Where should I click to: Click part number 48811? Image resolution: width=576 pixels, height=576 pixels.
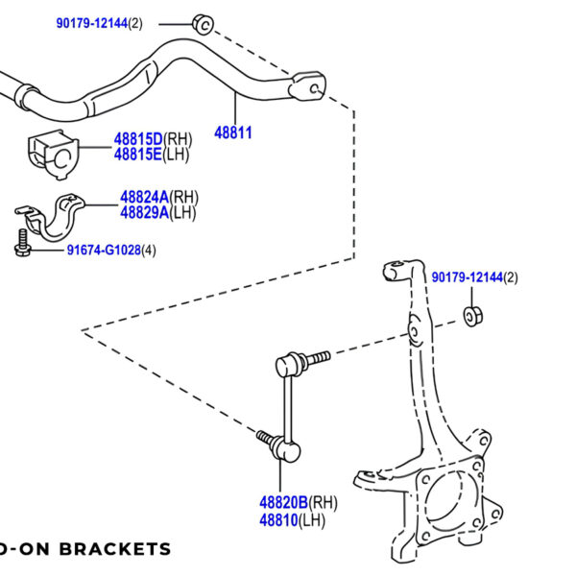pyautogui.click(x=233, y=132)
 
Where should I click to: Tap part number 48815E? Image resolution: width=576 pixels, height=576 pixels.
pyautogui.click(x=138, y=155)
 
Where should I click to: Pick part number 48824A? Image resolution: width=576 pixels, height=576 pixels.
pyautogui.click(x=144, y=198)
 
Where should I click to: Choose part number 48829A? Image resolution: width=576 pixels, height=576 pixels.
pyautogui.click(x=144, y=212)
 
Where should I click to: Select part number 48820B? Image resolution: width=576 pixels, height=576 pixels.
pyautogui.click(x=283, y=502)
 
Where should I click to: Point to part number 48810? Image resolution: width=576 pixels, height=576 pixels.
pyautogui.click(x=278, y=519)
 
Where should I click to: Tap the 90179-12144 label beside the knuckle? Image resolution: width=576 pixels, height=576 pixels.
pyautogui.click(x=468, y=277)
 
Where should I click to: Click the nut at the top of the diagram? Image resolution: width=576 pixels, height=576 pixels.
pyautogui.click(x=201, y=23)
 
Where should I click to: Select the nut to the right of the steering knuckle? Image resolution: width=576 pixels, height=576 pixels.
pyautogui.click(x=473, y=315)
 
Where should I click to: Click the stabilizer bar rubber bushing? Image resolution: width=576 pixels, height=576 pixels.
pyautogui.click(x=50, y=151)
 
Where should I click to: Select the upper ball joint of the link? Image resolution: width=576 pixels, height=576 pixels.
pyautogui.click(x=284, y=365)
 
